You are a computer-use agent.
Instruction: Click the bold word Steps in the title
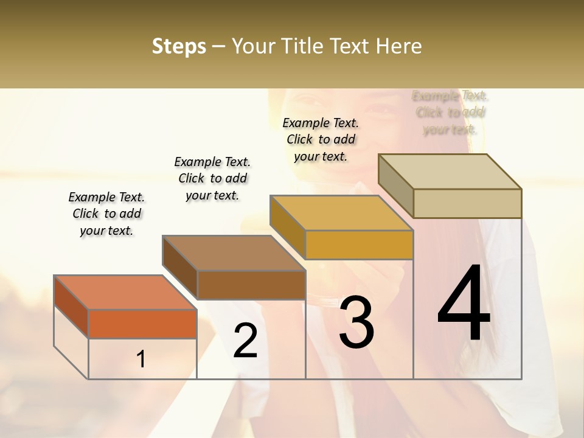point(179,46)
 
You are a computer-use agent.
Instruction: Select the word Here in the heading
point(398,46)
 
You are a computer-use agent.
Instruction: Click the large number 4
point(464,304)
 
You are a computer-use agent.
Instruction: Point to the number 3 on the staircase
point(356,322)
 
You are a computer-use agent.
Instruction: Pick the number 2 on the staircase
point(245,341)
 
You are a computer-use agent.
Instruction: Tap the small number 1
point(141,359)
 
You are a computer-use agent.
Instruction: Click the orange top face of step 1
point(125,292)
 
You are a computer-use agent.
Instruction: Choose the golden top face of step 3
point(341,212)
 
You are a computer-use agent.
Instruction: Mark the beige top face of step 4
point(450,171)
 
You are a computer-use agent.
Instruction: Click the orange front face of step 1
point(142,324)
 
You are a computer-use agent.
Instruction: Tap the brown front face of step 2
point(251,285)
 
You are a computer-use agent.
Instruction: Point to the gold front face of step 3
point(359,245)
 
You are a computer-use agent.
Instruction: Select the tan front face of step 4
point(467,203)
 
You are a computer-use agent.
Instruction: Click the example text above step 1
point(107,214)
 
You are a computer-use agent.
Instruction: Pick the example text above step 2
point(212,178)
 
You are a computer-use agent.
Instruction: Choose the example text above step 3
point(321,139)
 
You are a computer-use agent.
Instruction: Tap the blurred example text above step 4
point(450,113)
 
